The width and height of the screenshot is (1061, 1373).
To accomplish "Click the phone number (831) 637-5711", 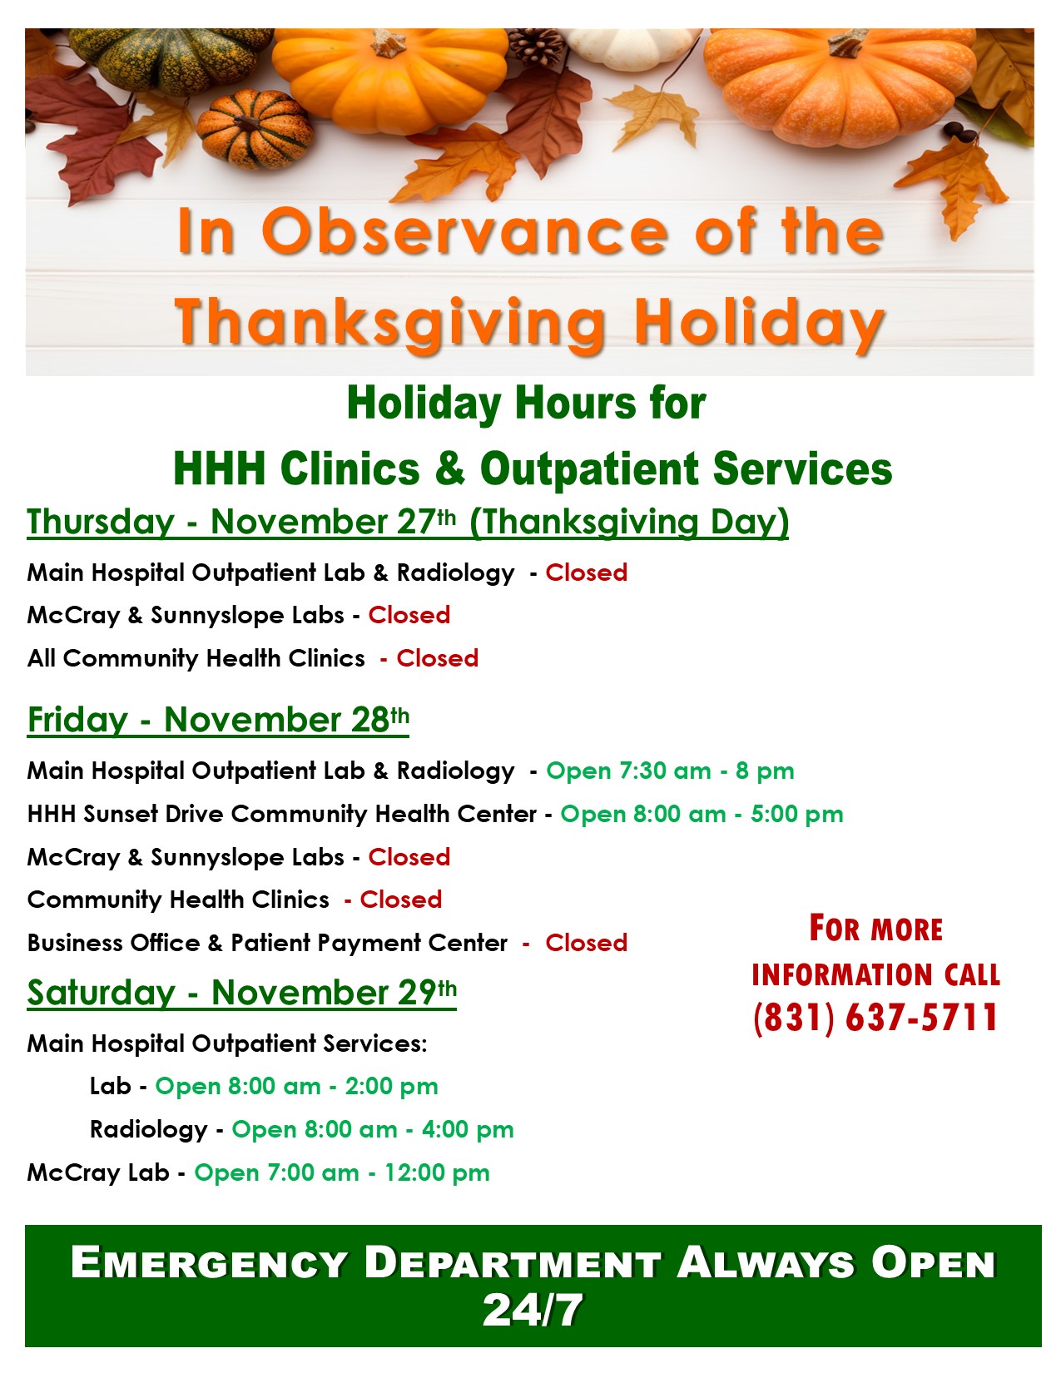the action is (875, 1018).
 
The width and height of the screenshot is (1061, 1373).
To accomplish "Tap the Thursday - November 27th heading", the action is (408, 523).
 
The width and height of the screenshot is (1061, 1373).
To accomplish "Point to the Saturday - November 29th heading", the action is (241, 993).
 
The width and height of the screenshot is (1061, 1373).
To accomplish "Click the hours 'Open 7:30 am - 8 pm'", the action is (670, 771).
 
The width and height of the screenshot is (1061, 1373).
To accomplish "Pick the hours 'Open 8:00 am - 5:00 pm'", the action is (702, 814).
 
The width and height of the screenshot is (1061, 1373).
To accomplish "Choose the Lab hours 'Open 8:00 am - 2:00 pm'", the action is (296, 1086).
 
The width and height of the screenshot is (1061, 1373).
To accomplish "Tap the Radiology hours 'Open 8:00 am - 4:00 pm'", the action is (373, 1129).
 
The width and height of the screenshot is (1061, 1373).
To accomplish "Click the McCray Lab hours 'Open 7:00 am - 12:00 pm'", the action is (342, 1172).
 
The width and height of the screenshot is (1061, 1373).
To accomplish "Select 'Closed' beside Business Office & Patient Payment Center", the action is (587, 943).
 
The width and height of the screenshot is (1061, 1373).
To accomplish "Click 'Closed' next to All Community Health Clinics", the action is (437, 658).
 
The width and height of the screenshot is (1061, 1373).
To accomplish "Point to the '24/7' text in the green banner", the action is (532, 1310).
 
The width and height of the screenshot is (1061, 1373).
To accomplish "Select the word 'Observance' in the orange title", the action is (465, 231).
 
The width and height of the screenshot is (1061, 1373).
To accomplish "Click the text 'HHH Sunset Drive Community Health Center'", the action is (282, 814).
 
